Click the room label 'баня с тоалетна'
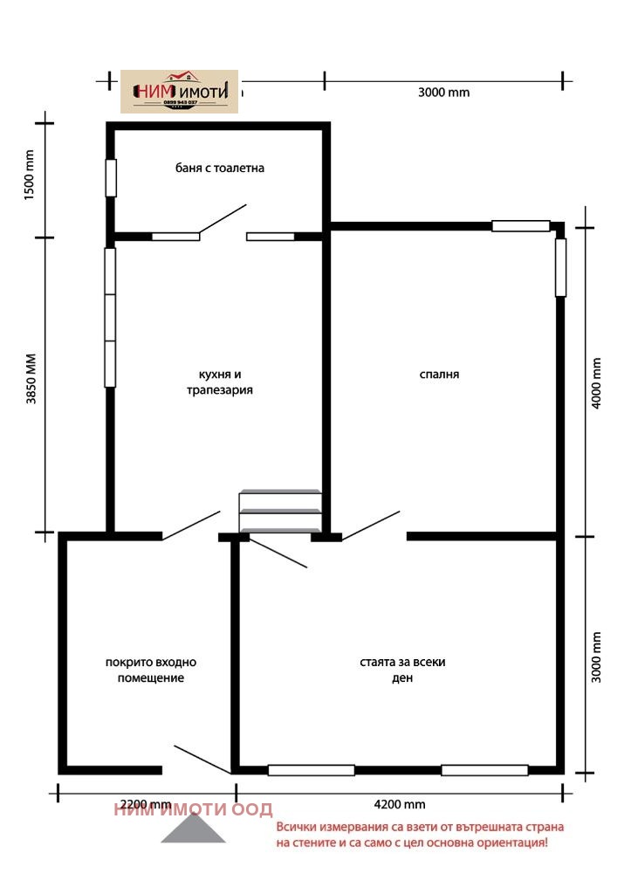click(219, 168)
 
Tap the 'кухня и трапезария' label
click(219, 382)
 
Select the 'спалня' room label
click(439, 374)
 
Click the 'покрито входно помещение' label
click(151, 670)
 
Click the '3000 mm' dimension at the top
click(443, 93)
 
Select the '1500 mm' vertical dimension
click(28, 175)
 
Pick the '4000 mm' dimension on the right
click(597, 382)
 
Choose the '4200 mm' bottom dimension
click(400, 804)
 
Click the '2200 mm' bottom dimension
click(145, 804)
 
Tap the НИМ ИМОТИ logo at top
click(179, 92)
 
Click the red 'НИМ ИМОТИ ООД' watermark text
click(193, 809)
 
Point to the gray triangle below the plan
click(193, 832)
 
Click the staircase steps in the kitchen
click(280, 511)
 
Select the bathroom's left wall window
click(111, 178)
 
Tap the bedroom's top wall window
click(520, 226)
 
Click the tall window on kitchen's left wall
click(110, 318)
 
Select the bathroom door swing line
click(223, 219)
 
